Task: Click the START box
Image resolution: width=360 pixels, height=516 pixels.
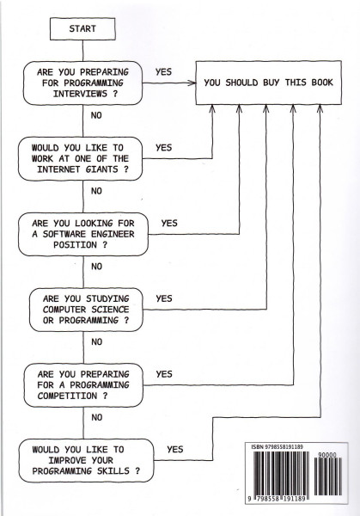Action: (x=82, y=29)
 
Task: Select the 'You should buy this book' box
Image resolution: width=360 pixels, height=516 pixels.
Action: (x=269, y=83)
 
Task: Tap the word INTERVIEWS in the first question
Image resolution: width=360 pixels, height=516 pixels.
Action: (x=80, y=94)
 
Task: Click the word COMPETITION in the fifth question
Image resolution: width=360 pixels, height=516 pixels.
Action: (x=67, y=396)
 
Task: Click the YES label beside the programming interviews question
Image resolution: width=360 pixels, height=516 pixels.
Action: (x=163, y=71)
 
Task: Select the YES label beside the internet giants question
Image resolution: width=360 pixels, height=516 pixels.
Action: (x=164, y=147)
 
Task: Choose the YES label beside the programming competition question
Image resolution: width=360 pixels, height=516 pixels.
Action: (x=164, y=374)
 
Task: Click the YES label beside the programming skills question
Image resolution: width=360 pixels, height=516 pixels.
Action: (x=175, y=449)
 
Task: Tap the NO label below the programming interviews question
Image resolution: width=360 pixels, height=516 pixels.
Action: (x=96, y=115)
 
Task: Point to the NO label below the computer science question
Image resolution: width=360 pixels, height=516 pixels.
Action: (x=96, y=342)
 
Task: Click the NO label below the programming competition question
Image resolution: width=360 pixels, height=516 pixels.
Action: (x=96, y=417)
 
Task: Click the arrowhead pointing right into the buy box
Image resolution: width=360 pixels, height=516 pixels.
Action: (x=192, y=83)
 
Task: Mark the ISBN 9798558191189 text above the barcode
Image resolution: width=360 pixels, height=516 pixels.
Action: (x=277, y=447)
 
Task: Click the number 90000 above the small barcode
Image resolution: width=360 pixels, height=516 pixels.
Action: (x=327, y=455)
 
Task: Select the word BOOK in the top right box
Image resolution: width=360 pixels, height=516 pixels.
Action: (x=322, y=83)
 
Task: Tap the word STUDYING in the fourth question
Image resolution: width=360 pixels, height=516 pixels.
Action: (x=107, y=298)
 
